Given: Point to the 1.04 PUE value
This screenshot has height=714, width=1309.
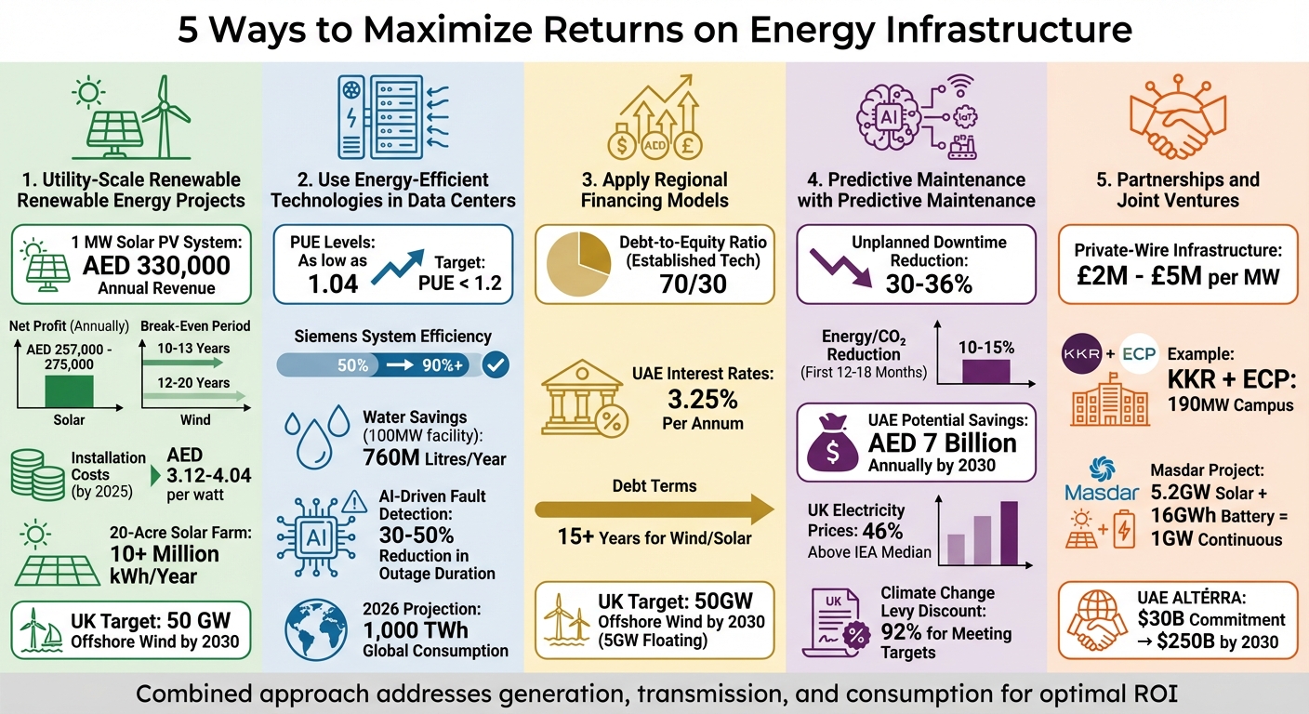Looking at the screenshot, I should pyautogui.click(x=332, y=283).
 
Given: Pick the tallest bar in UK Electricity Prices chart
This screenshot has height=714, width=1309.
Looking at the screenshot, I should pyautogui.click(x=1009, y=533).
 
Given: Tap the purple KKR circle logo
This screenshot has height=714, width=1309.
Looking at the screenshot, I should pyautogui.click(x=1079, y=355).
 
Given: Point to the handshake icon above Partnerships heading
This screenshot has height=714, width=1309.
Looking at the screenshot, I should pyautogui.click(x=1178, y=116).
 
